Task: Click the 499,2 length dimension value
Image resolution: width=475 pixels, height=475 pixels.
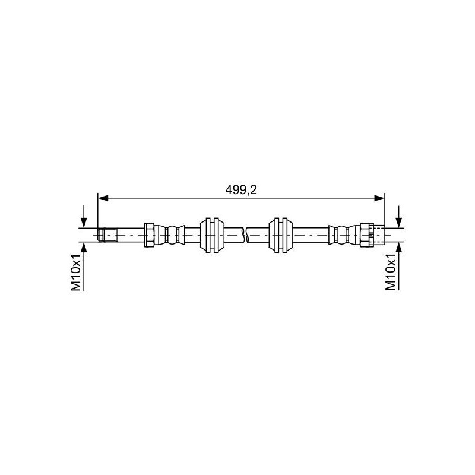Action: (x=241, y=190)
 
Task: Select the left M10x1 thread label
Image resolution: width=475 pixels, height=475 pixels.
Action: (x=76, y=273)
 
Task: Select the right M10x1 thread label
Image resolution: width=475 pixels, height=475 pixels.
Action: (x=391, y=272)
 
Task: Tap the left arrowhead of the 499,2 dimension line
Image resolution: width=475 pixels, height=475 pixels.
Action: (x=103, y=198)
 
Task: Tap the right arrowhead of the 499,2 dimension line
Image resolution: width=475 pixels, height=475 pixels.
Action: (x=379, y=198)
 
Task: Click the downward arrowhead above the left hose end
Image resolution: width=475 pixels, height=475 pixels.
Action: (x=84, y=223)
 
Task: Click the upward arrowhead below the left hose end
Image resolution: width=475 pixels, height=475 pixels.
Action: (x=84, y=248)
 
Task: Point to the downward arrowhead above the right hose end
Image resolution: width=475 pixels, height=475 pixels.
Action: (x=399, y=223)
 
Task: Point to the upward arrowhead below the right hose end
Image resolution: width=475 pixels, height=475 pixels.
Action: (x=399, y=248)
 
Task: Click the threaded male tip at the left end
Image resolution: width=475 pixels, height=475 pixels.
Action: (x=108, y=235)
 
